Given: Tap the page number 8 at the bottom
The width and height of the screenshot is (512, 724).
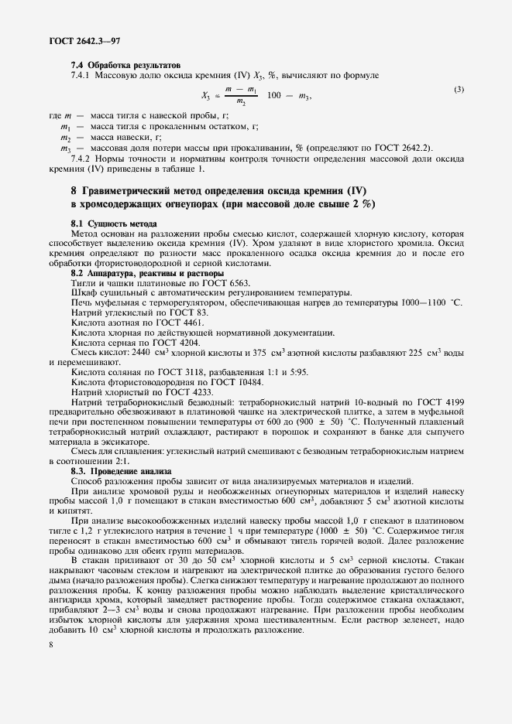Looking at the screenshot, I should [50, 664].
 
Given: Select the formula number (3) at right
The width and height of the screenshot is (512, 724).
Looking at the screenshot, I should [459, 90].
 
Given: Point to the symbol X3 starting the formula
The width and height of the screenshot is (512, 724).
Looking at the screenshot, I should [206, 97].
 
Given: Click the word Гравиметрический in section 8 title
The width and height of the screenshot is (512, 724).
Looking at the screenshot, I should [136, 189].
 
